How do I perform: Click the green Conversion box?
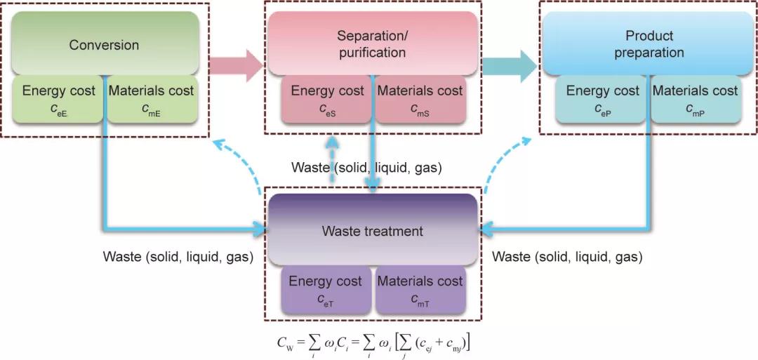pos(104,44)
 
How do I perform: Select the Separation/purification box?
pos(371,44)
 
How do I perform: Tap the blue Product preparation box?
pos(649,44)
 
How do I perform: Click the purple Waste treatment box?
pos(371,230)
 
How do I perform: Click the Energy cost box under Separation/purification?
pos(327,98)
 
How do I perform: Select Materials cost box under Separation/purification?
pos(420,98)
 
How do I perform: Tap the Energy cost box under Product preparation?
pos(602,98)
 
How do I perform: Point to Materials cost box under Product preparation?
pos(695,98)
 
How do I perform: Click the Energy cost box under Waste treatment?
pos(326,288)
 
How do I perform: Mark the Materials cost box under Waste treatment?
pos(420,288)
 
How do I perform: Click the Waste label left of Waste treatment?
pos(178,257)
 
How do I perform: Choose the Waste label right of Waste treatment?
pos(567,257)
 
